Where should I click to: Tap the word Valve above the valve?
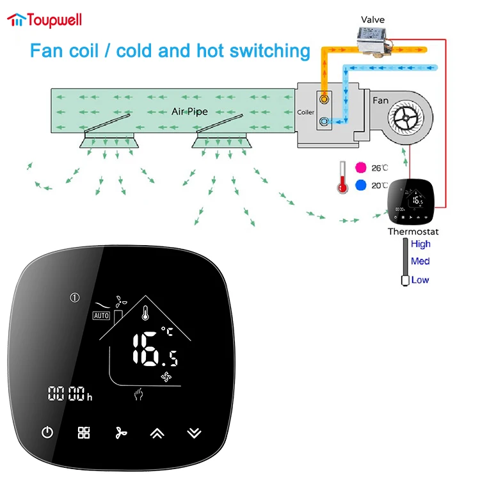tap(372, 20)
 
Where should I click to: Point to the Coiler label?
tap(306, 113)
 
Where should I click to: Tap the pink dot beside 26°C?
tap(360, 168)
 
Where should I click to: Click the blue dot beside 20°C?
tap(360, 186)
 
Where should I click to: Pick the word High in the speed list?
tap(420, 244)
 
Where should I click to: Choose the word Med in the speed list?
tap(420, 261)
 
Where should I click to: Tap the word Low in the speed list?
tap(420, 280)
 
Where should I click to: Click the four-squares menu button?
tap(84, 433)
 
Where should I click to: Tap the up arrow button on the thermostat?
tap(157, 433)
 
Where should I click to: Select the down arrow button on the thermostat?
tap(193, 433)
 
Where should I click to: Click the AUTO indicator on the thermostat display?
tap(101, 316)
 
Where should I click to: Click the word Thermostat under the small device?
tap(413, 231)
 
